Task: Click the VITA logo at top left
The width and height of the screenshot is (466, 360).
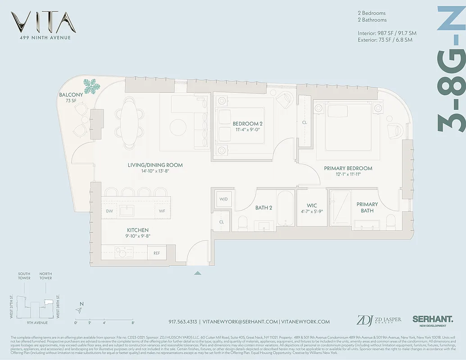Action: tap(44, 22)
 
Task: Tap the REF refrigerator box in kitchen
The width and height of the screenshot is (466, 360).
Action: tap(157, 253)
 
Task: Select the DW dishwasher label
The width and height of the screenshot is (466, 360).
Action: tap(109, 211)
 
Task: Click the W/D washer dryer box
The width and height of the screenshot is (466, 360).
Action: tap(223, 199)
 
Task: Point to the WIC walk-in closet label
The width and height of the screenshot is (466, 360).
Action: tap(312, 206)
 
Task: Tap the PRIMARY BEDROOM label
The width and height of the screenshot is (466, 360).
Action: tap(348, 168)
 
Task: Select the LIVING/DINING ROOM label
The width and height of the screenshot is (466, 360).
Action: tap(155, 165)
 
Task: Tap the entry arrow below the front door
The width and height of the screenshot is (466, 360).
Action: tap(197, 273)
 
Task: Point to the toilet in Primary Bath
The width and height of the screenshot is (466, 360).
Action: tap(390, 221)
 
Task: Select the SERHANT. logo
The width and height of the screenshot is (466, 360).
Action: tap(430, 319)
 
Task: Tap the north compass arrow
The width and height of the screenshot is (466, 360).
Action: tap(80, 310)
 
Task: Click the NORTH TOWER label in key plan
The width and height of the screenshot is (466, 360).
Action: tap(45, 276)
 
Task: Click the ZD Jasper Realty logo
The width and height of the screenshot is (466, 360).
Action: tap(378, 320)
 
